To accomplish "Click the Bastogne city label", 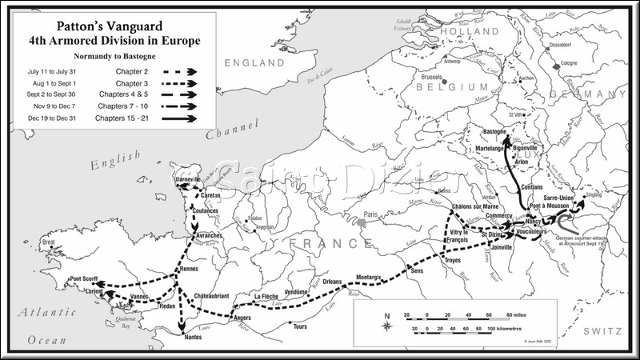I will coord(498,130).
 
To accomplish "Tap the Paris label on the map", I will coord(370,214).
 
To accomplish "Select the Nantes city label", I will coord(192,338).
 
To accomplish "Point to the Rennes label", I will coord(189,269).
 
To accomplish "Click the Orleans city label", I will coord(332,281).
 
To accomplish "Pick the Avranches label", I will coord(208,237).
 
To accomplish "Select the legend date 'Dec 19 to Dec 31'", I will coord(50,118).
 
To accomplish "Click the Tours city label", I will coord(300,326).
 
